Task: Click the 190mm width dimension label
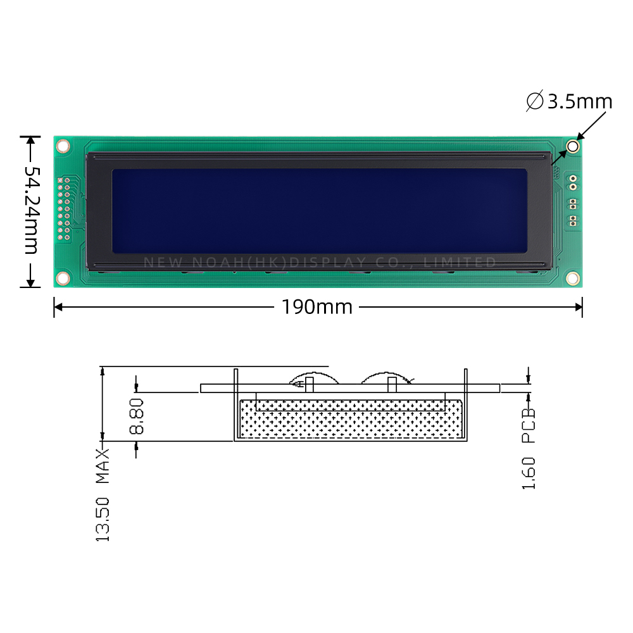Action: (317, 307)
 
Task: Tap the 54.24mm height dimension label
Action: (31, 210)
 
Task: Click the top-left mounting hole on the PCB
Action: (63, 146)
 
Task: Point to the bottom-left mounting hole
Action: (63, 278)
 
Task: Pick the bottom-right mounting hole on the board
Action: (572, 278)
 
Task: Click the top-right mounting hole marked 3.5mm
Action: (572, 146)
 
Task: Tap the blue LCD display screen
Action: (319, 211)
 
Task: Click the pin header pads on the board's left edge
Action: (64, 208)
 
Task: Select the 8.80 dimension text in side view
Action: (137, 417)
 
